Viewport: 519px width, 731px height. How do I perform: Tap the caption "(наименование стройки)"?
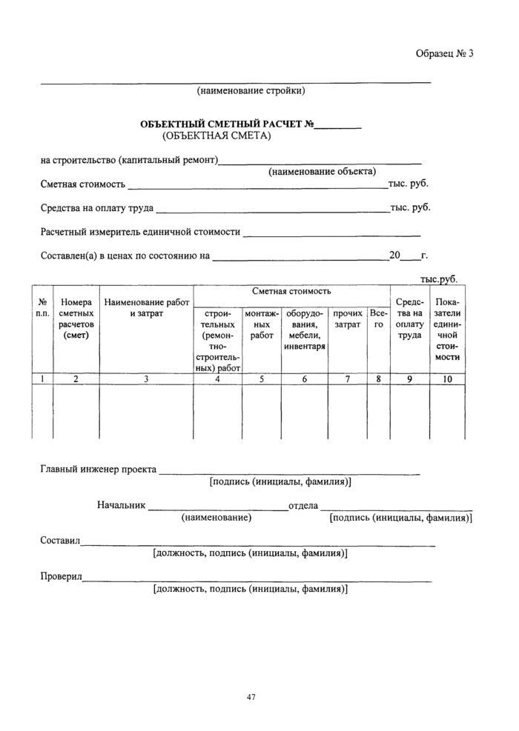(x=251, y=91)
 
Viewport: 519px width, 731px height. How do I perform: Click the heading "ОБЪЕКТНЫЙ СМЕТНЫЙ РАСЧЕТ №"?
(x=226, y=124)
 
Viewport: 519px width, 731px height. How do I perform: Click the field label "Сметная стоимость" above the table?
(x=82, y=184)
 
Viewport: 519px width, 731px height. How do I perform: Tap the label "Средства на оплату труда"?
(x=97, y=207)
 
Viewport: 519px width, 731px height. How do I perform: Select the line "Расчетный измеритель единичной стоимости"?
(x=140, y=232)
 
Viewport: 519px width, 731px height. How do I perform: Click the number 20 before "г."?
(x=394, y=256)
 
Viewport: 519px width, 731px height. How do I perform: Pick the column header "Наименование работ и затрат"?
(x=146, y=308)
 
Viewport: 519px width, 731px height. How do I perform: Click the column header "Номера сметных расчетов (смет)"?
(x=76, y=318)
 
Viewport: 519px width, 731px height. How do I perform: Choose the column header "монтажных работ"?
(x=262, y=324)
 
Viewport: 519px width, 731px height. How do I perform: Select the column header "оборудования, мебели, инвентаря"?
(x=305, y=330)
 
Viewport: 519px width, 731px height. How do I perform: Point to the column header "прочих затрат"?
(x=348, y=319)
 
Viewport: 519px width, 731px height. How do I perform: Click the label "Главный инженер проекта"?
(x=98, y=469)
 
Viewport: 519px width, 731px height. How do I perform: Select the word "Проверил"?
(x=62, y=577)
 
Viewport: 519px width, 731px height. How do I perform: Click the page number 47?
(x=251, y=697)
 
